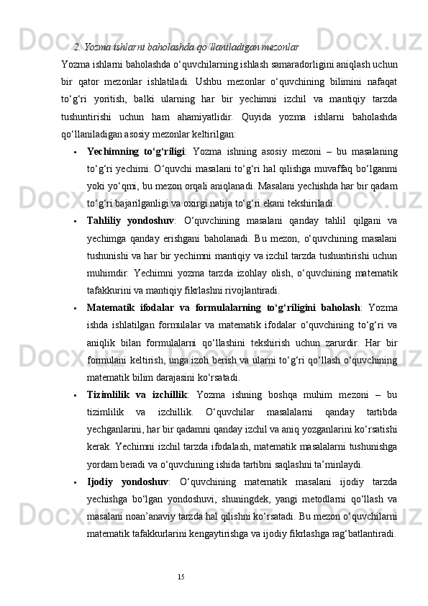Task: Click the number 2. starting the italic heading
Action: tap(77, 48)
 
